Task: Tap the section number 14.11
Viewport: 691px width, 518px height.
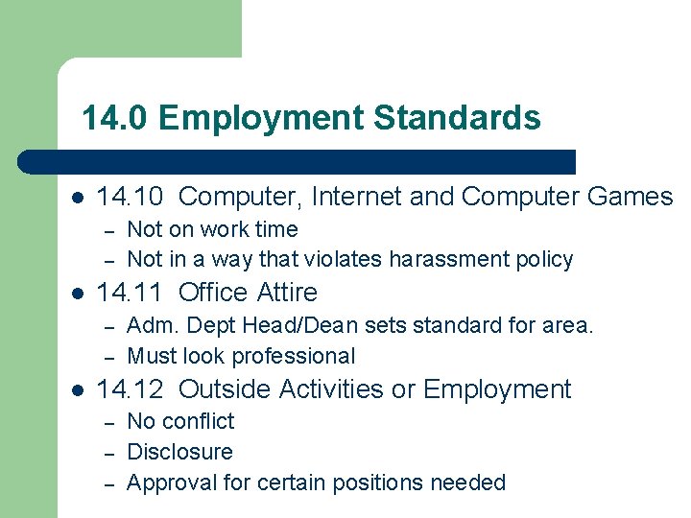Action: (131, 292)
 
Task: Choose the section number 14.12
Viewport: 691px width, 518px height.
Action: (131, 389)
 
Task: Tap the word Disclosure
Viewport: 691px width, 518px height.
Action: (179, 452)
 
